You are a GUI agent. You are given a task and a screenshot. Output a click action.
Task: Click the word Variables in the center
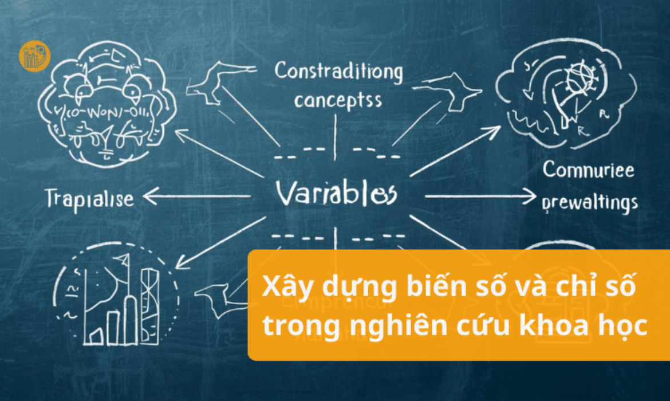[336, 193]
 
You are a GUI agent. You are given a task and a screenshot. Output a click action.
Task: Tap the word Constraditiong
[338, 73]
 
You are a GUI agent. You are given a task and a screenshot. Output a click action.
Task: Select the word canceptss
[337, 101]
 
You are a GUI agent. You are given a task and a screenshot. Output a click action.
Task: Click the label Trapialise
[89, 198]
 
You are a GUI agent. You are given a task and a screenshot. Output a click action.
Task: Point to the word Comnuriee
[588, 170]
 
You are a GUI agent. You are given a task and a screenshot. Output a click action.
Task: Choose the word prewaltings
[589, 202]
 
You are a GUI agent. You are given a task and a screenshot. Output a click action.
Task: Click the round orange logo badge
[34, 56]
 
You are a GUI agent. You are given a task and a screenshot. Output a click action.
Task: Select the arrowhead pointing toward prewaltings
[530, 198]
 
